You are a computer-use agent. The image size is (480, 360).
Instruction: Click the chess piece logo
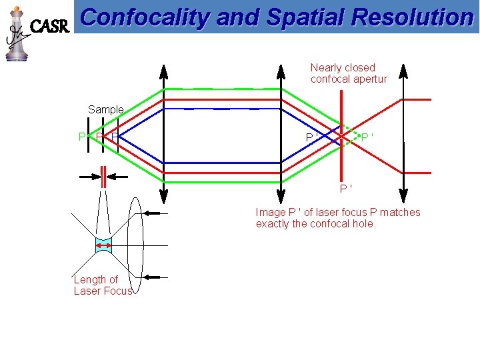[17, 33]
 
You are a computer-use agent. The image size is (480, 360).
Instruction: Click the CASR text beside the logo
[51, 27]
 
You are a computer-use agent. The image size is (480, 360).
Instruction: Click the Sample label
[106, 109]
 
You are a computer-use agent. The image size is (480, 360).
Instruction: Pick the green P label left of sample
[82, 137]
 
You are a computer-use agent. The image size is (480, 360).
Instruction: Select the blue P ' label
[311, 137]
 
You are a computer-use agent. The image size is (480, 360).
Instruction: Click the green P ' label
[367, 137]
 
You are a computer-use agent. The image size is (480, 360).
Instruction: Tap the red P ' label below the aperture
[346, 189]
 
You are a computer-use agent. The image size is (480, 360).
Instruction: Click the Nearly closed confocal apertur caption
[348, 73]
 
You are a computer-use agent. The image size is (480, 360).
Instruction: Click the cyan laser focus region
[103, 246]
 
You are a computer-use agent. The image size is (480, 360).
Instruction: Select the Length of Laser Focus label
[103, 285]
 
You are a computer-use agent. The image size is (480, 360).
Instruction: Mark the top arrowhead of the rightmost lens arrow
[403, 68]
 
